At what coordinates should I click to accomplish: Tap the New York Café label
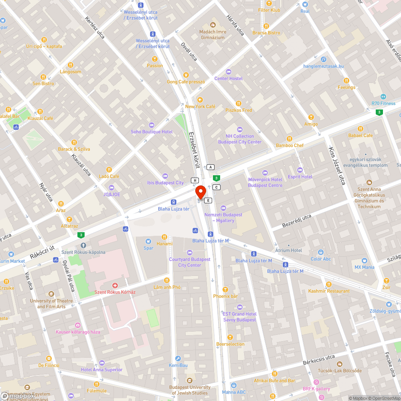200,106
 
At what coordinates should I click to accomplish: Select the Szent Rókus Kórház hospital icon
115,286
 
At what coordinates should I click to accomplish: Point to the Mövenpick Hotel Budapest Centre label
265,182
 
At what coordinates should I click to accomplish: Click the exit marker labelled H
195,180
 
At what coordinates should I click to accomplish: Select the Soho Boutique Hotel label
152,132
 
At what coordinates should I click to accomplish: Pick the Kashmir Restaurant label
329,291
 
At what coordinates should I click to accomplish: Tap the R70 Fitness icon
383,97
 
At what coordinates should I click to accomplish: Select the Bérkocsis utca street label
318,357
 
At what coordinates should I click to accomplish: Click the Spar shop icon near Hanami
148,241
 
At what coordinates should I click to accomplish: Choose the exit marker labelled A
211,167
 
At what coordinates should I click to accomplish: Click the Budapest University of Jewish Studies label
190,390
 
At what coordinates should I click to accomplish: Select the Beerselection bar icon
230,337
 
